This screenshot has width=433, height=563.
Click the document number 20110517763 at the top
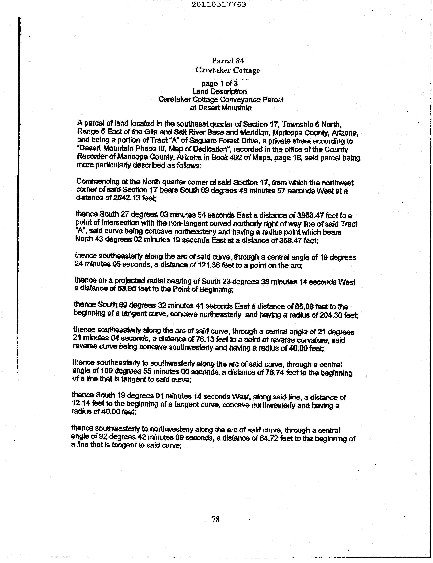pyautogui.click(x=219, y=4)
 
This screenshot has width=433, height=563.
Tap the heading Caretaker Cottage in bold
pyautogui.click(x=228, y=70)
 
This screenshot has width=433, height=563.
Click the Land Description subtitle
pyautogui.click(x=220, y=92)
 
